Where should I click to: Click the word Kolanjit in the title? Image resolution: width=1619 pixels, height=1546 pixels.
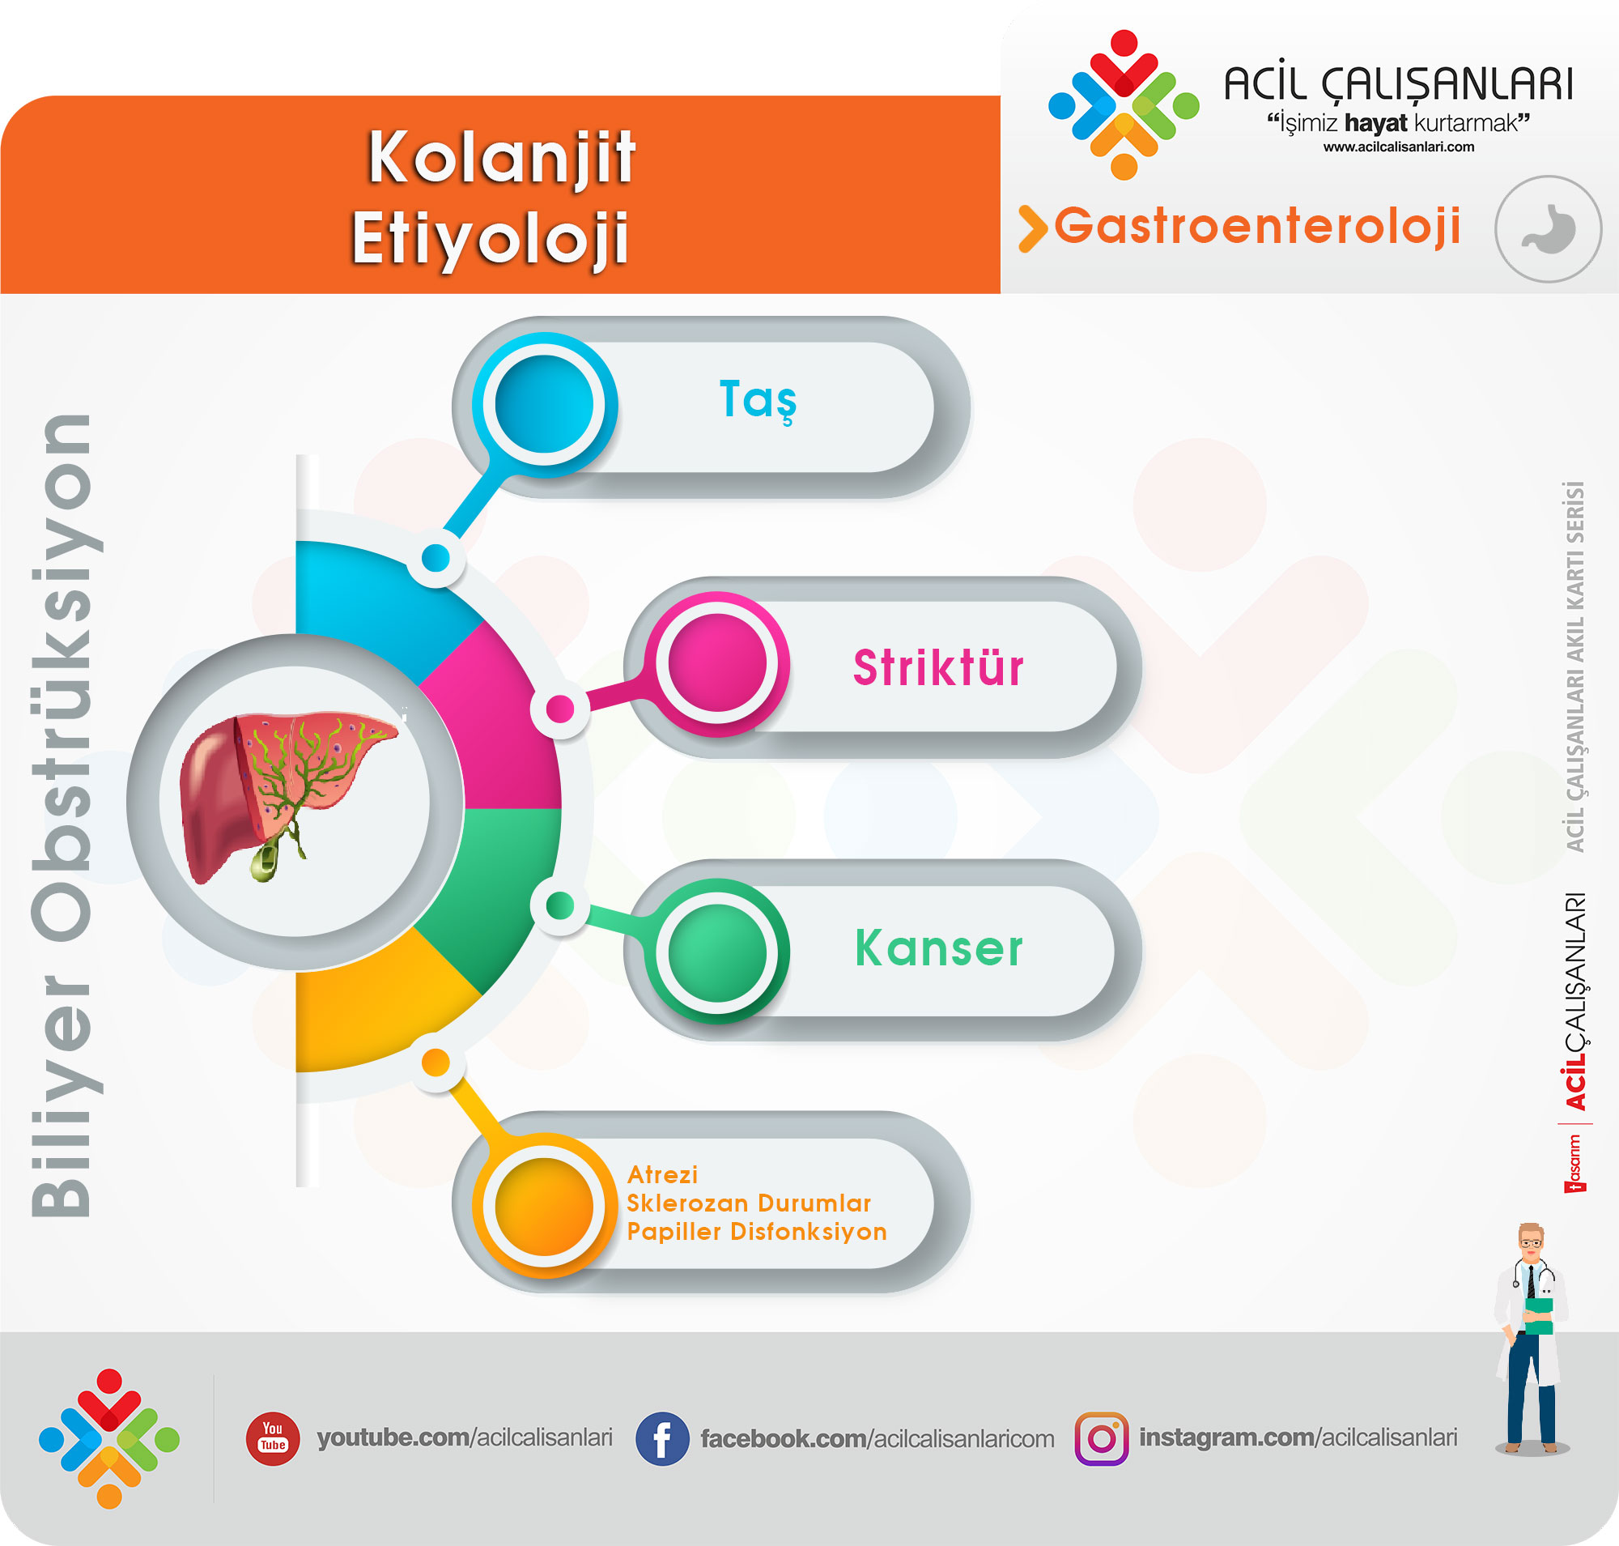[x=501, y=159]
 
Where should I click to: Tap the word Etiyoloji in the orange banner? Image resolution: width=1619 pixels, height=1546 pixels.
[x=491, y=239]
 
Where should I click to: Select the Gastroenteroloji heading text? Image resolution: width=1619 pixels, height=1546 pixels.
[x=1257, y=227]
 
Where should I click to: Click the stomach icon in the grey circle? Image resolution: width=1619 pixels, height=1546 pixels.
[x=1548, y=228]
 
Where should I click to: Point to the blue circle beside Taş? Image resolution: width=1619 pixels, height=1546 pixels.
[x=544, y=405]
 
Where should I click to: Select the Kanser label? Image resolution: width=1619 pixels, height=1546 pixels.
[x=938, y=948]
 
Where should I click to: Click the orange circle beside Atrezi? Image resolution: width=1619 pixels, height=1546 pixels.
[x=544, y=1206]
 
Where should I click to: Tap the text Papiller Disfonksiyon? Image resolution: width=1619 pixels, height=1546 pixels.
[x=756, y=1231]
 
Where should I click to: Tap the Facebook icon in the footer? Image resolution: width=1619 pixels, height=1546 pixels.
[x=661, y=1439]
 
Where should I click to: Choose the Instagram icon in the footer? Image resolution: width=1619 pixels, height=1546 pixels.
[x=1102, y=1439]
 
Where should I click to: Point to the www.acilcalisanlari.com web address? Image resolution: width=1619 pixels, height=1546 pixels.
[x=1398, y=147]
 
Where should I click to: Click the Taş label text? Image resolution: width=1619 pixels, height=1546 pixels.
[x=758, y=401]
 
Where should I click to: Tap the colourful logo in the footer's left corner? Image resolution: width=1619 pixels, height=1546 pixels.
[x=109, y=1439]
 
